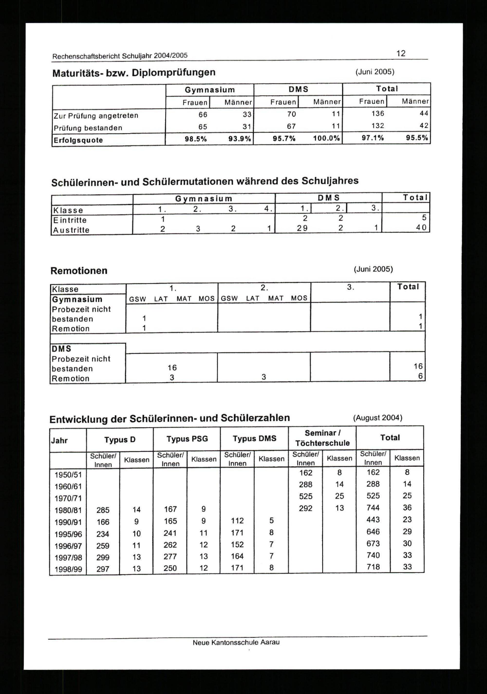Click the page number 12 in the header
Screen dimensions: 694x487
pos(401,54)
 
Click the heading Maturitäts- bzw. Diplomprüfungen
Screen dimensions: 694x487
pos(134,73)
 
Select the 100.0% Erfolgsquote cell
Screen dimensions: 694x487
pos(327,139)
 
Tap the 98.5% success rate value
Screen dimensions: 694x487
pos(196,139)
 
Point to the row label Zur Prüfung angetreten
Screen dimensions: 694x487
pos(96,116)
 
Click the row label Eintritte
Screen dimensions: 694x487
pos(70,220)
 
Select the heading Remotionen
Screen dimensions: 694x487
pos(79,271)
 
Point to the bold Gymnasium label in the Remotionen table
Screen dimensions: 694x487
pos(77,299)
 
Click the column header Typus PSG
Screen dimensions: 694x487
pos(187,439)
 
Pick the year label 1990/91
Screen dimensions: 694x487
pos(68,522)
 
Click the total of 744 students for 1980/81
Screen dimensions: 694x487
pos(373,508)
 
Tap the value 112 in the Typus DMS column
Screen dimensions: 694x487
pos(237,521)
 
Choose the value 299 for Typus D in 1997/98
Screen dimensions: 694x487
pos(103,557)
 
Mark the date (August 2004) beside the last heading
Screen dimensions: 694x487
pos(378,418)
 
